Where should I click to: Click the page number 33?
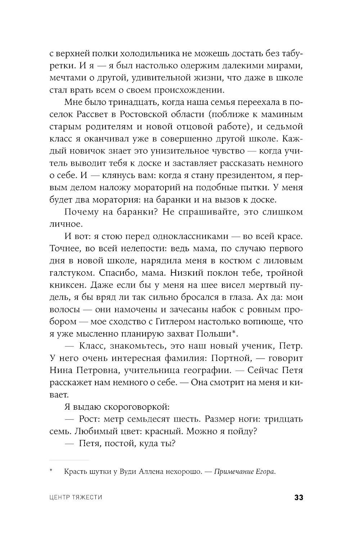298,498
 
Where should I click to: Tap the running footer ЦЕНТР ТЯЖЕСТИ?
76,498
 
